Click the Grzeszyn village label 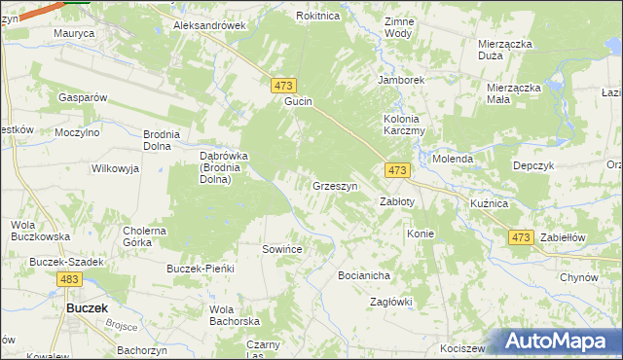[x=336, y=186]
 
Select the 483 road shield [x=68, y=280]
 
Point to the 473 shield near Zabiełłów [x=521, y=237]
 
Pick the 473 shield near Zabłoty [x=396, y=170]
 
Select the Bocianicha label [x=364, y=275]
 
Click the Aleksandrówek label [x=208, y=26]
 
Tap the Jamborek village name [x=403, y=81]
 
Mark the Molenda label [x=453, y=159]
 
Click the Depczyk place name [x=532, y=165]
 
